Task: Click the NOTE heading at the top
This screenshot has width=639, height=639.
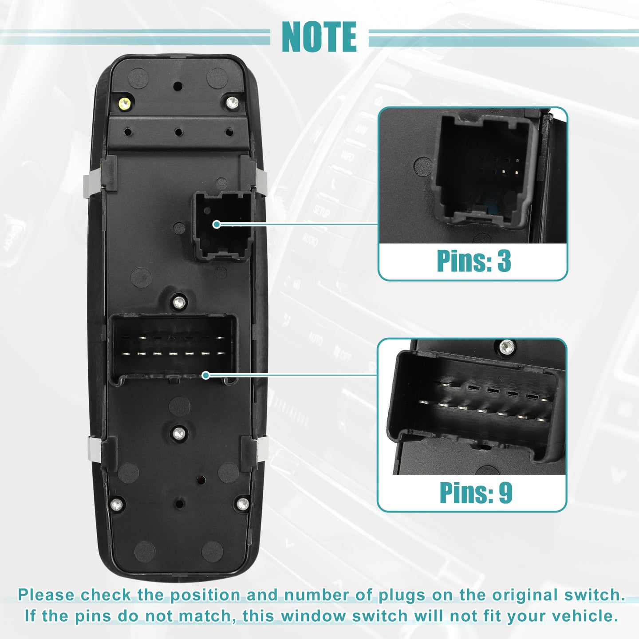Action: click(x=319, y=37)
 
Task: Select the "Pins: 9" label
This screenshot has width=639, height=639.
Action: click(x=476, y=493)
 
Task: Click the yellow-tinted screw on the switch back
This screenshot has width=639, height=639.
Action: click(x=125, y=104)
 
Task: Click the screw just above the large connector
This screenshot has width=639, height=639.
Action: click(x=179, y=302)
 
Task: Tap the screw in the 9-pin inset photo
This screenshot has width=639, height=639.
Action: click(x=507, y=347)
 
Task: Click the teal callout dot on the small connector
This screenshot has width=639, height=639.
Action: click(x=217, y=225)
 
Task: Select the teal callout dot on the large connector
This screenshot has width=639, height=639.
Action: click(x=206, y=375)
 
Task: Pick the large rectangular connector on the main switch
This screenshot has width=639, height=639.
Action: click(x=173, y=350)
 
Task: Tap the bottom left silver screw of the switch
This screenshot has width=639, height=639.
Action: click(x=116, y=505)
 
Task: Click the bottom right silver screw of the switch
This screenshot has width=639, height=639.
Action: click(x=243, y=504)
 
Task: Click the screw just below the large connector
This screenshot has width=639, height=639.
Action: click(x=179, y=433)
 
